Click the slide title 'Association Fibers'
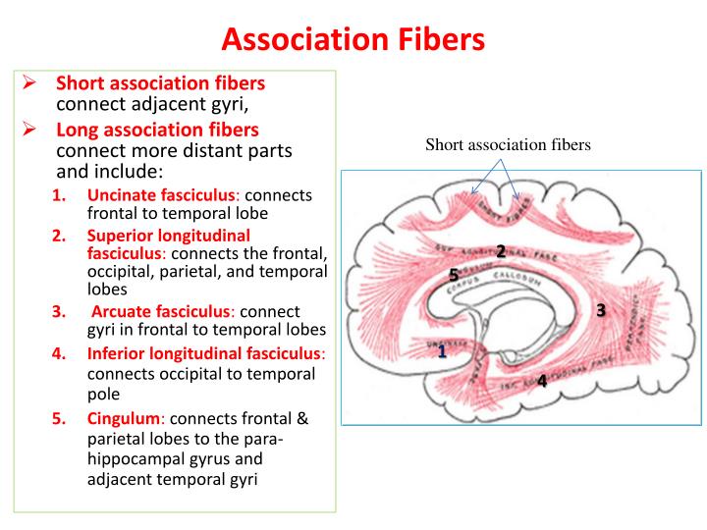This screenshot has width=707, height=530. click(353, 38)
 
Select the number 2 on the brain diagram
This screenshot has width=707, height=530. click(501, 251)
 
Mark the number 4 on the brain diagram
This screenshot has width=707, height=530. click(542, 381)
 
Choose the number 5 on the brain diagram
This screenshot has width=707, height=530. click(454, 274)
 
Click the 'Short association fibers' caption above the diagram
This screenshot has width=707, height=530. click(508, 145)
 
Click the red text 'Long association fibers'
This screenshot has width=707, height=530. click(157, 130)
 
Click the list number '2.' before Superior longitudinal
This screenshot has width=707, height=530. click(59, 236)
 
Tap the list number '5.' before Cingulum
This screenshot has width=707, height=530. click(59, 419)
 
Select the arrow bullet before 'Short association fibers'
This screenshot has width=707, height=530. click(29, 83)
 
